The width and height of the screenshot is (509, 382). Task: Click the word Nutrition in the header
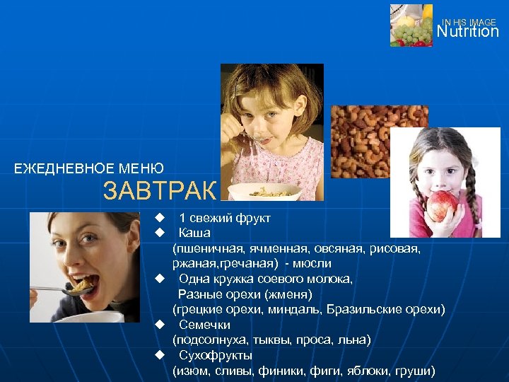[x=467, y=32]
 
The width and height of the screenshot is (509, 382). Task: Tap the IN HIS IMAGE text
[x=469, y=23]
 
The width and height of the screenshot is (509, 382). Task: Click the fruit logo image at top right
[x=411, y=25]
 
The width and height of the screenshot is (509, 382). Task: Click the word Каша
[x=194, y=233]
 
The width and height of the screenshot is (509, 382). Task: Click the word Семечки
[x=204, y=325]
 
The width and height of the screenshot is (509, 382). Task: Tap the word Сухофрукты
[x=216, y=355]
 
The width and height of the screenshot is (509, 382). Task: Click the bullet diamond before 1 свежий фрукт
[x=160, y=217]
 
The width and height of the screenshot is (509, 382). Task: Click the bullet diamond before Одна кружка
[x=160, y=279]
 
